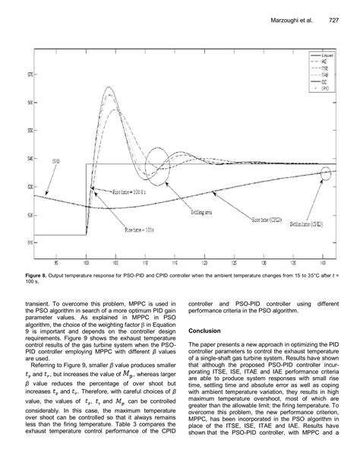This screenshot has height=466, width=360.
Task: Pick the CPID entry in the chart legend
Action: pyautogui.click(x=324, y=89)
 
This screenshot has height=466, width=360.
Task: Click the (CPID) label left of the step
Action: pyautogui.click(x=55, y=162)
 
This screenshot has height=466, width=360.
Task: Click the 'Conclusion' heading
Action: pyautogui.click(x=204, y=331)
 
